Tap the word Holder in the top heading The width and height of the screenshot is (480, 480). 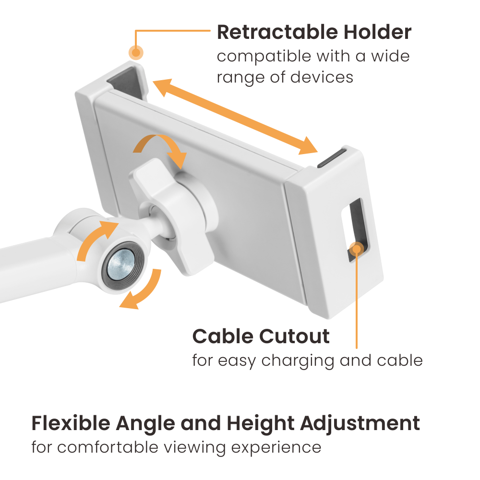[x=377, y=32]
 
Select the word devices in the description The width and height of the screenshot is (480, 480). [x=322, y=77]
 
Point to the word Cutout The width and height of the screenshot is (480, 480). [x=295, y=336]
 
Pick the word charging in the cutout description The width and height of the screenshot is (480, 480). [x=298, y=361]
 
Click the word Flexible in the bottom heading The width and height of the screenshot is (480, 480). [x=71, y=423]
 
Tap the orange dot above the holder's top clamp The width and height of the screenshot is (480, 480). [x=136, y=52]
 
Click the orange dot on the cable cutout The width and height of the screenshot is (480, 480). [x=356, y=249]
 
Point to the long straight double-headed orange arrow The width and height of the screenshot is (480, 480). [x=235, y=117]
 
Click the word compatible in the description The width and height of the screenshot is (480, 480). [x=264, y=57]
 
